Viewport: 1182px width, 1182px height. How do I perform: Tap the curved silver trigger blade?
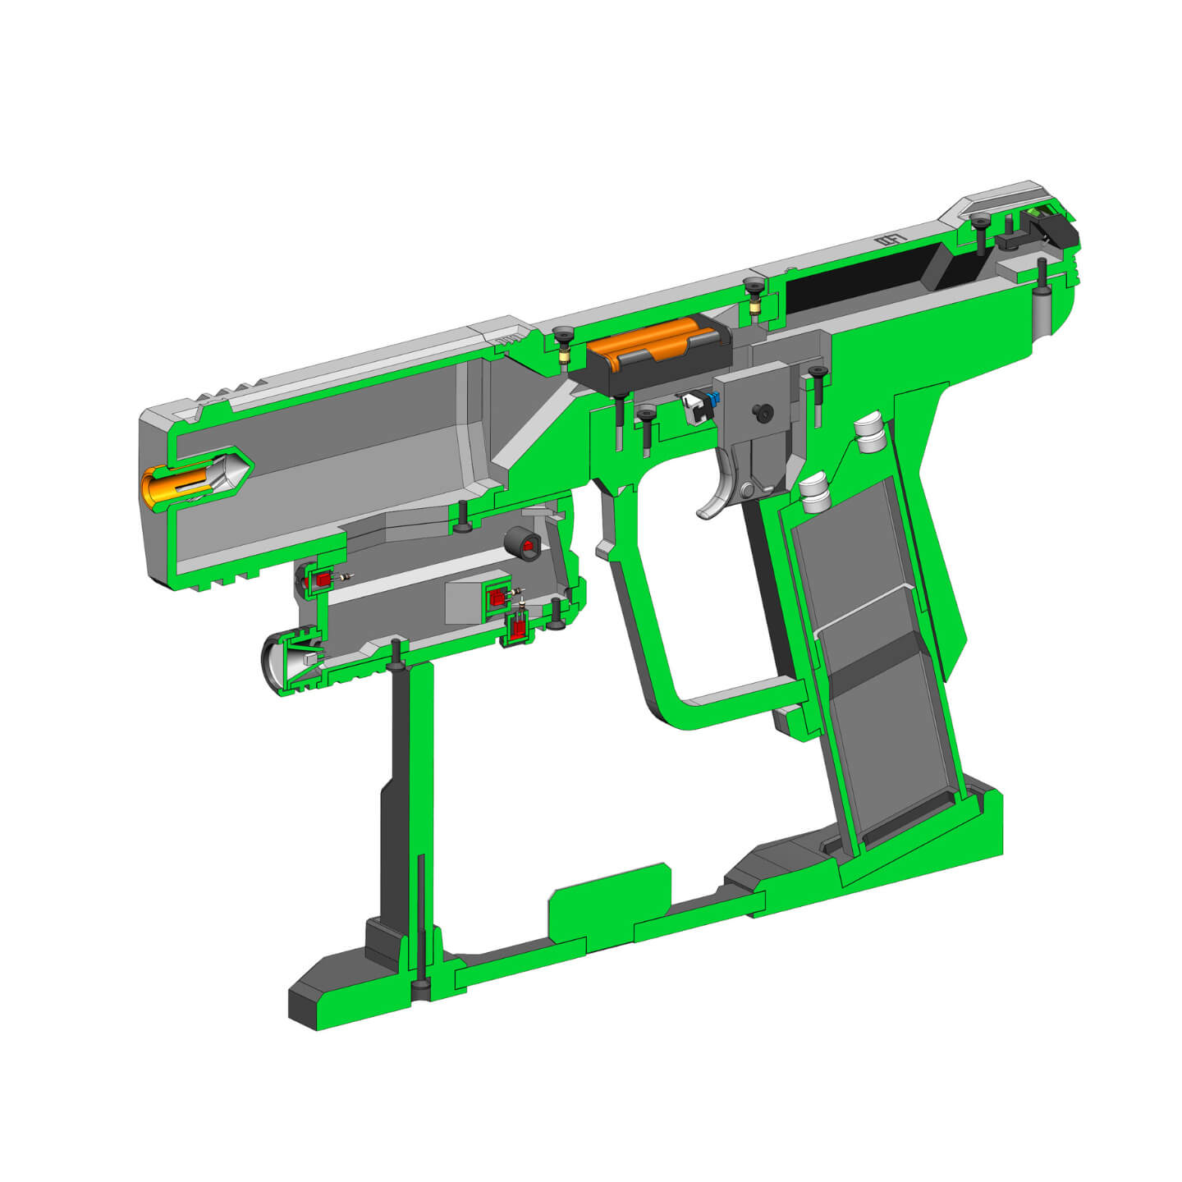pos(716,497)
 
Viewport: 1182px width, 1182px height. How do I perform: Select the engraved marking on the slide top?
pos(890,241)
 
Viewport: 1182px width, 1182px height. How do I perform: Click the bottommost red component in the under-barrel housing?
pos(518,630)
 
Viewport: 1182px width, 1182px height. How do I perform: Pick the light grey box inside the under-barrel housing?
pos(465,602)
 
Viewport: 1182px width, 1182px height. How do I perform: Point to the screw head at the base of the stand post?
pos(420,984)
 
